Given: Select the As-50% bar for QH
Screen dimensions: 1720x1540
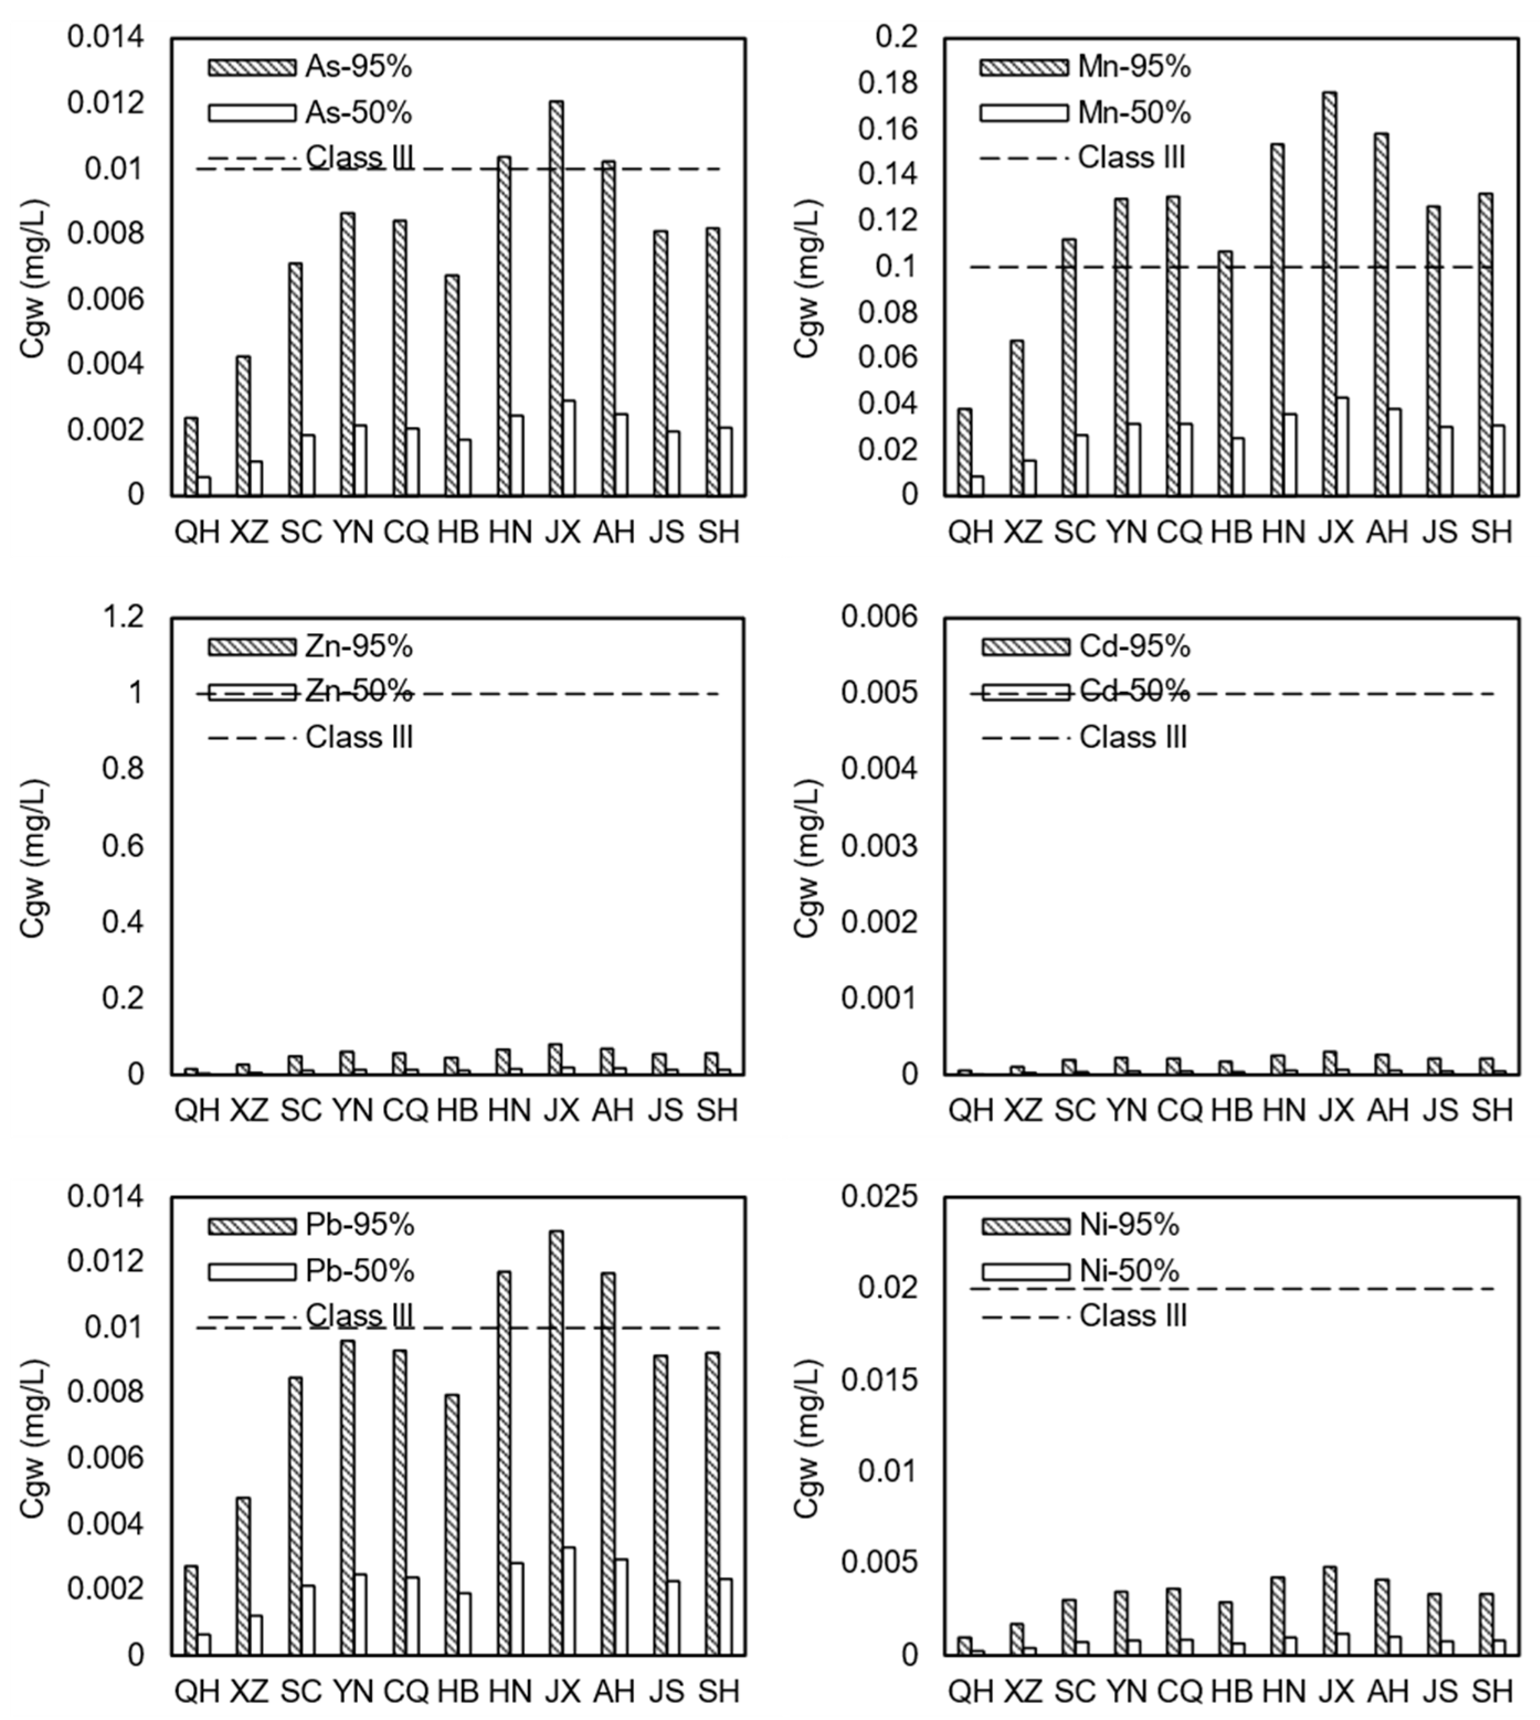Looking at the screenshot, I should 204,486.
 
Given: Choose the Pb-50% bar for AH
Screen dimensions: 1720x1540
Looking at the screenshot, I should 621,1607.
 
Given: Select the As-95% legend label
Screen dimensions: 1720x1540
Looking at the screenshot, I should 358,67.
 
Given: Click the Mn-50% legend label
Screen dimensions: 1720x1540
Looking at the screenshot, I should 1134,113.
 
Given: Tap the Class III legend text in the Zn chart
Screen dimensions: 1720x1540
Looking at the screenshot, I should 359,737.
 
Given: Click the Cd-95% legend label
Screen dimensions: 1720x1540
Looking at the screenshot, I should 1134,646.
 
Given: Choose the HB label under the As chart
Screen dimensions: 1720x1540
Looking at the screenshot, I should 458,532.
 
